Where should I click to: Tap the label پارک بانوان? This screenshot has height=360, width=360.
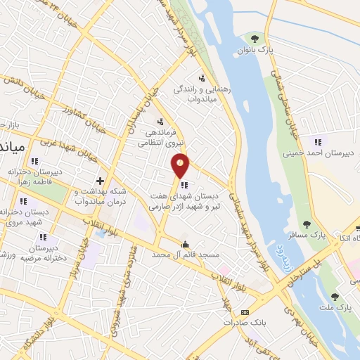click(x=255, y=51)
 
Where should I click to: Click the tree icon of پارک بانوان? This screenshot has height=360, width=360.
click(x=255, y=38)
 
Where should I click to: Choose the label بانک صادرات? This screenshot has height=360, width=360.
click(x=243, y=323)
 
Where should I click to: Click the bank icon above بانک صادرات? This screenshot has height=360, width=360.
click(x=244, y=311)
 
